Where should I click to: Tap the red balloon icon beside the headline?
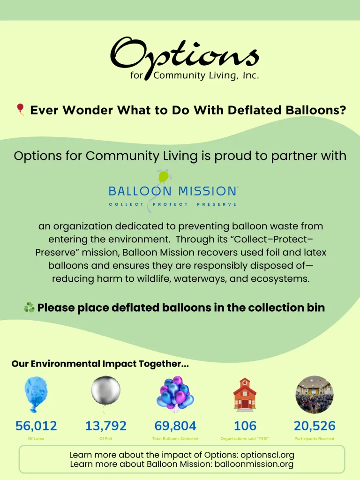pyautogui.click(x=21, y=109)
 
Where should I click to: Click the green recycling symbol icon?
pyautogui.click(x=29, y=307)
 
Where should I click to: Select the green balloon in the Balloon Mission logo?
pyautogui.click(x=164, y=177)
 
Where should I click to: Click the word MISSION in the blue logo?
pyautogui.click(x=207, y=191)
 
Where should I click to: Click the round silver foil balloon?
pyautogui.click(x=105, y=390)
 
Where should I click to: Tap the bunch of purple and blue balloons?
pyautogui.click(x=175, y=394)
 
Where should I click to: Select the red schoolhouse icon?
pyautogui.click(x=245, y=394)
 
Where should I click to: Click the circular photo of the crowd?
pyautogui.click(x=315, y=394)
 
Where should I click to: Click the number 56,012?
pyautogui.click(x=36, y=426)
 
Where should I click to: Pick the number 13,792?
pyautogui.click(x=105, y=426)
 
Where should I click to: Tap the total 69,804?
pyautogui.click(x=175, y=426)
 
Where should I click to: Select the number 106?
pyautogui.click(x=245, y=426)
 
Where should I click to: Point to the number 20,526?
pyautogui.click(x=315, y=426)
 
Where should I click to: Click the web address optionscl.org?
pyautogui.click(x=267, y=455)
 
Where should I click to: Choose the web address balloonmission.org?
pyautogui.click(x=254, y=464)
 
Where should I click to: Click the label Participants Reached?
pyautogui.click(x=315, y=439)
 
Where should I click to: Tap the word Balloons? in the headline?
pyautogui.click(x=315, y=110)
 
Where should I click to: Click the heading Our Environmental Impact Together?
pyautogui.click(x=100, y=364)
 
